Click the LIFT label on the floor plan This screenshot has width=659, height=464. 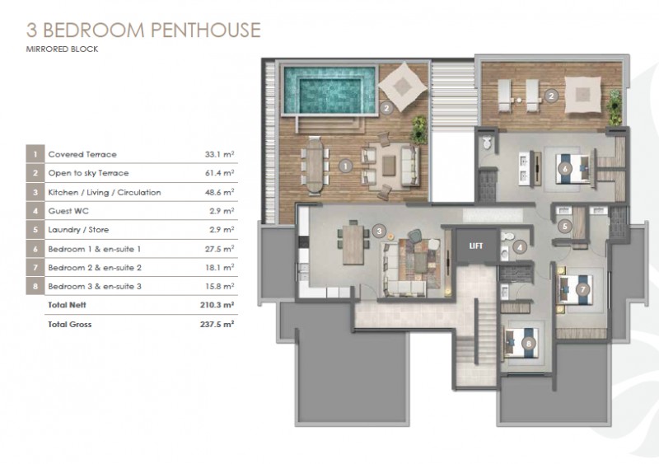pyautogui.click(x=476, y=246)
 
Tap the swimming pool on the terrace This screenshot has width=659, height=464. pyautogui.click(x=329, y=90)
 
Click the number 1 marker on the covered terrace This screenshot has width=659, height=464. pyautogui.click(x=345, y=166)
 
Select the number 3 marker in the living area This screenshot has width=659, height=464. pyautogui.click(x=379, y=231)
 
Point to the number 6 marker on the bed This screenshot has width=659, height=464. pyautogui.click(x=565, y=169)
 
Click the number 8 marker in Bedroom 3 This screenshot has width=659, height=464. pyautogui.click(x=529, y=344)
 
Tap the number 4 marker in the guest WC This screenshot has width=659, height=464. pyautogui.click(x=520, y=247)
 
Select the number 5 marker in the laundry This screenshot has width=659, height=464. pyautogui.click(x=565, y=227)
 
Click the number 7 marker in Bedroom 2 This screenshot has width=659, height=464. pyautogui.click(x=582, y=289)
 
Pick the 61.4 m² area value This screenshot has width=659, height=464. pyautogui.click(x=219, y=173)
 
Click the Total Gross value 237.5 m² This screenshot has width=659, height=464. pyautogui.click(x=217, y=325)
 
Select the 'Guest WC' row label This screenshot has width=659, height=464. pyautogui.click(x=68, y=211)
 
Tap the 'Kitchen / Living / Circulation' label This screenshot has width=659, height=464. pyautogui.click(x=105, y=192)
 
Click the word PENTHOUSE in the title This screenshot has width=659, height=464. pyautogui.click(x=205, y=30)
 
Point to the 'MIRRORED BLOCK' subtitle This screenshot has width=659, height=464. pyautogui.click(x=63, y=49)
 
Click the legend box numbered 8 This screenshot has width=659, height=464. pyautogui.click(x=35, y=287)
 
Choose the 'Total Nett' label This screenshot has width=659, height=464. pyautogui.click(x=68, y=305)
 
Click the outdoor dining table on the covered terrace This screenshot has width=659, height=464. pyautogui.click(x=315, y=166)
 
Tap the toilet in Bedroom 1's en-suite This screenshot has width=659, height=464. pyautogui.click(x=487, y=143)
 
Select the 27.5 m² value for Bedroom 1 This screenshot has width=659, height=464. pyautogui.click(x=219, y=249)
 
